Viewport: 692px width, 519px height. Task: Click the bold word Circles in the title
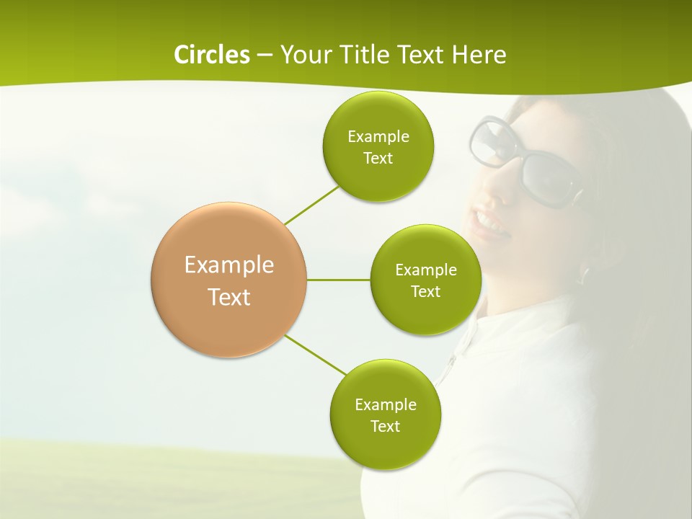[x=211, y=54]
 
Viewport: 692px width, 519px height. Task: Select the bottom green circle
[x=385, y=447]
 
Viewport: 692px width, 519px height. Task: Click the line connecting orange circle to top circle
[x=311, y=205]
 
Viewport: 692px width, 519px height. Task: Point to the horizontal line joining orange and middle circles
[x=339, y=280]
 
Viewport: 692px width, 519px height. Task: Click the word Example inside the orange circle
[x=229, y=265]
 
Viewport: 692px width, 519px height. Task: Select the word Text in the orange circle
[x=229, y=296]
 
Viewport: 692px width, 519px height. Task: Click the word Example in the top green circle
[x=378, y=136]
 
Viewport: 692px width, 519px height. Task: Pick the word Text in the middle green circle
[x=425, y=291]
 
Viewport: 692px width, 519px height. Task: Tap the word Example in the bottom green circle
[x=385, y=404]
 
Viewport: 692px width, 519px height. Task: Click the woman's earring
[x=584, y=274]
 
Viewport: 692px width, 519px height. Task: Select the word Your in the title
[x=303, y=54]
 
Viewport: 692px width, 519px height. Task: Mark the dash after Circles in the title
[x=264, y=55]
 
